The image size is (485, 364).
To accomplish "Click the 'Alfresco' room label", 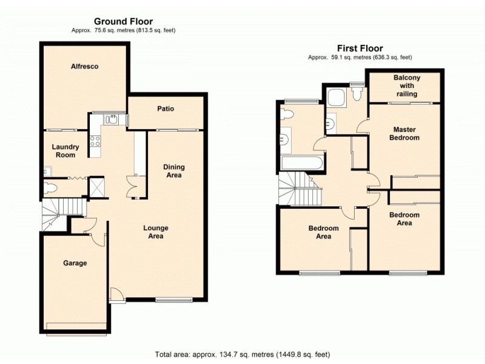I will [84, 66].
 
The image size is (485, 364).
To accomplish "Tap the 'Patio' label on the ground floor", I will [166, 109].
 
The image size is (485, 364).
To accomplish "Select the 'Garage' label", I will [75, 263].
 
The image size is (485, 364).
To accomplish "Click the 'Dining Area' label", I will [174, 171].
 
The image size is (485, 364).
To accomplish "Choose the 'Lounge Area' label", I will [156, 232].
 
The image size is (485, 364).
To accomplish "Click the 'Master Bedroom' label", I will [406, 133].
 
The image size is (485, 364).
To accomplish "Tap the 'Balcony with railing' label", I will [406, 86].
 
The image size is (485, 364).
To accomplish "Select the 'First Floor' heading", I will [360, 49].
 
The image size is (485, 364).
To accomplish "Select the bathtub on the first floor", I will [301, 163].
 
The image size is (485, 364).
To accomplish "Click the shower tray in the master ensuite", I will [335, 98].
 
